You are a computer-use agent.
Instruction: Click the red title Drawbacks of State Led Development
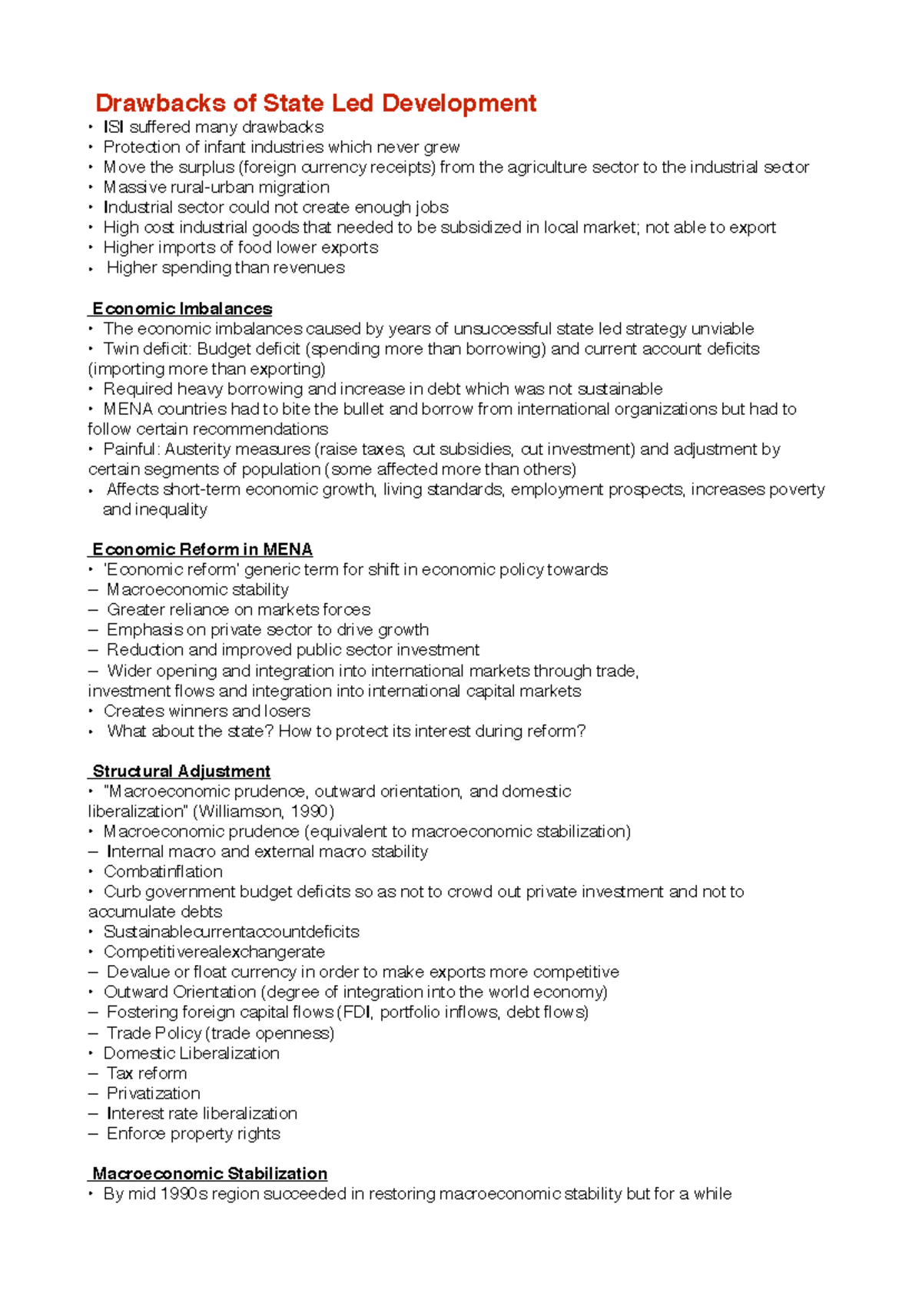point(315,103)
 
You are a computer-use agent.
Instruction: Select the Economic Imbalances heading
point(182,309)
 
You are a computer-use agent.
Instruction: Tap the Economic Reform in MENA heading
point(202,549)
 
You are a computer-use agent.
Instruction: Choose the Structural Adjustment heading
point(181,771)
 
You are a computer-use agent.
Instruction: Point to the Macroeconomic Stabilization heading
point(210,1174)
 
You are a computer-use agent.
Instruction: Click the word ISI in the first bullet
point(113,127)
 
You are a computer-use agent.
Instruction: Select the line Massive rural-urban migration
point(216,187)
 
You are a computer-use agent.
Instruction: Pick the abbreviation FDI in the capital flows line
point(357,1013)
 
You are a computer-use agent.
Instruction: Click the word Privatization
point(153,1093)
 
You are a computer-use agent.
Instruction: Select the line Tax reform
point(146,1073)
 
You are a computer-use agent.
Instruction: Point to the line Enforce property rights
point(193,1134)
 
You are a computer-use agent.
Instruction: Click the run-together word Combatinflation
point(163,872)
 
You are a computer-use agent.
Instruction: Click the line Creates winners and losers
point(207,711)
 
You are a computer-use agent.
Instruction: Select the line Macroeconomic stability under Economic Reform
point(197,590)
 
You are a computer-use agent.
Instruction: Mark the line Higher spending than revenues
point(225,268)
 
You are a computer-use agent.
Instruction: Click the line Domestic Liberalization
point(191,1053)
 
